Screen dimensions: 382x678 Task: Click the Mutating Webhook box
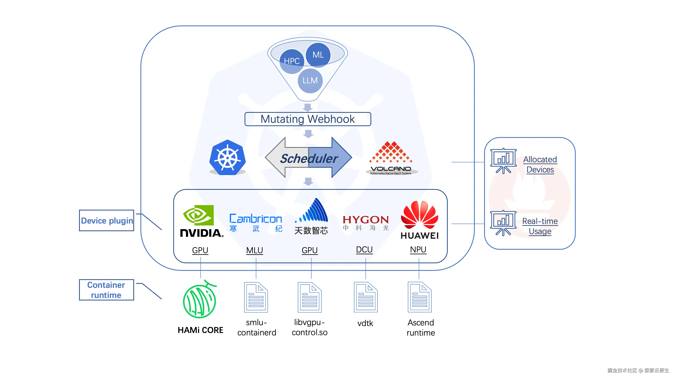[308, 119]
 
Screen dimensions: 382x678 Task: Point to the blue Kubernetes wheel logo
[227, 158]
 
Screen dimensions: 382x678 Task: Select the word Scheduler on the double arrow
[309, 158]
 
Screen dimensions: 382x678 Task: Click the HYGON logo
[365, 222]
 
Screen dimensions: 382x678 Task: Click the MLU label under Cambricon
[254, 250]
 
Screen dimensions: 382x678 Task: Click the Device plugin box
[107, 220]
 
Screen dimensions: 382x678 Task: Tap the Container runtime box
[106, 290]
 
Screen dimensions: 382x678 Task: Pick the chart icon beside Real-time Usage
[503, 223]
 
